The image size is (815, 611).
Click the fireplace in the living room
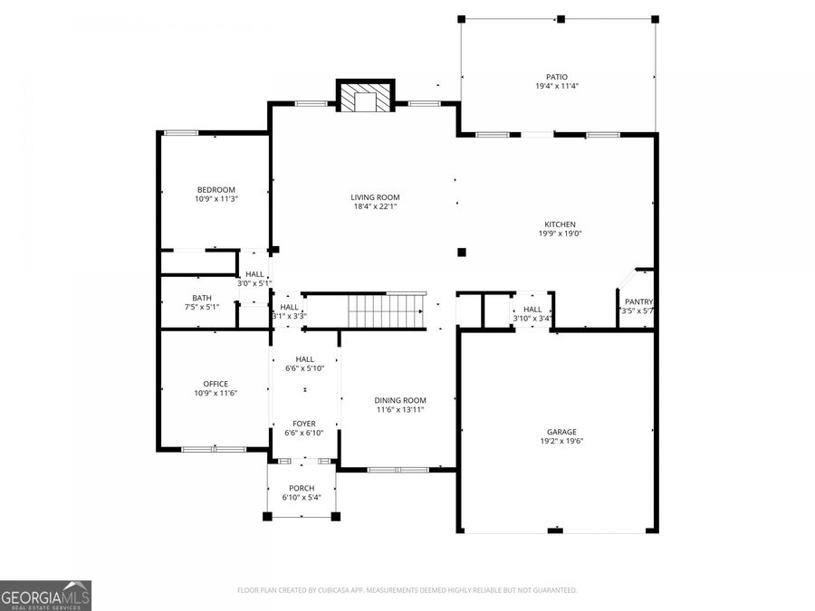pos(366,97)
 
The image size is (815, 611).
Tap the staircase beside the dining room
pos(387,310)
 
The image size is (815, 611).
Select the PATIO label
pos(557,77)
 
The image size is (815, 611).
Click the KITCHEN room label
pos(560,224)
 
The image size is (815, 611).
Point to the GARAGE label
pos(561,432)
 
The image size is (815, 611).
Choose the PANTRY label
pos(638,301)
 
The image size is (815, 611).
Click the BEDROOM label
pos(216,189)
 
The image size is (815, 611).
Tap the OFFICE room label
pos(216,383)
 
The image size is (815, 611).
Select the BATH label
pos(201,298)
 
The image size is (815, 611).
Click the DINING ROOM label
pos(400,400)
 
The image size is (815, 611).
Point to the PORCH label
pos(302,488)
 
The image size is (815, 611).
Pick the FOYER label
pos(303,423)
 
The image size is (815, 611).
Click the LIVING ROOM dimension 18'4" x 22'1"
pos(375,206)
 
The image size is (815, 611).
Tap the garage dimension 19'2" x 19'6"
pos(561,442)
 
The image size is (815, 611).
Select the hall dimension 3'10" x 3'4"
pos(532,318)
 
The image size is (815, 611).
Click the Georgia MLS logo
pos(45,596)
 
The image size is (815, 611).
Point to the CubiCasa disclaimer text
pos(407,590)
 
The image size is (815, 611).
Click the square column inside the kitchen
pos(462,253)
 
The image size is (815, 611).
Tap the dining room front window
pos(398,469)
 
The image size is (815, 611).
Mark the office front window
pos(215,449)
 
